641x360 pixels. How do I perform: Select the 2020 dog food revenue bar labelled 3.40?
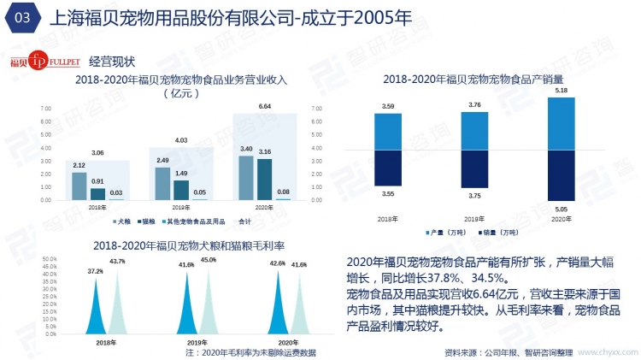pos(245,177)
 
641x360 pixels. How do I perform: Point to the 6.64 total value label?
pos(264,106)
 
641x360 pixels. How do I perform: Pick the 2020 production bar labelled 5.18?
pos(561,123)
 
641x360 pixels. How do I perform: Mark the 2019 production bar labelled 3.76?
pos(474,131)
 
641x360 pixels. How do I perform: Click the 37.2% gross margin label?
pos(95,271)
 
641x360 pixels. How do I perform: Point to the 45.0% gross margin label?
pos(208,260)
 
